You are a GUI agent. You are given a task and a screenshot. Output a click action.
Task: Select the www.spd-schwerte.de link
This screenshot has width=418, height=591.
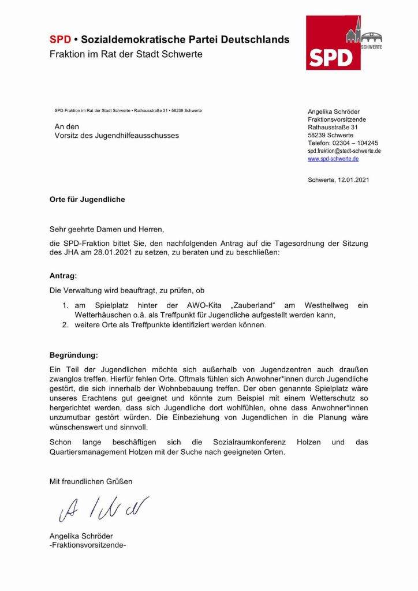coord(333,159)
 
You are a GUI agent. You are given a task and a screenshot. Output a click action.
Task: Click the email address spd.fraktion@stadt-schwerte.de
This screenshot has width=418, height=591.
coord(344,151)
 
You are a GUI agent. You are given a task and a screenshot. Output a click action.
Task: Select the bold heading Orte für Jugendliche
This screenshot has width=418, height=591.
coord(87,200)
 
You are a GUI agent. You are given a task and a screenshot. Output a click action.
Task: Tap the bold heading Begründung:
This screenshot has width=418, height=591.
coord(74,354)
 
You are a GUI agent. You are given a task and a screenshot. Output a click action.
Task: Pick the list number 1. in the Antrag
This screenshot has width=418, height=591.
coord(67,304)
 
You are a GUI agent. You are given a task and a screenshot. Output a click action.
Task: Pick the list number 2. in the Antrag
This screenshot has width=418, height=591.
coord(67,325)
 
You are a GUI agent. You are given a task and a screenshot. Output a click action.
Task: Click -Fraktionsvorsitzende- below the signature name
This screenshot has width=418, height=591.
coord(88,544)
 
